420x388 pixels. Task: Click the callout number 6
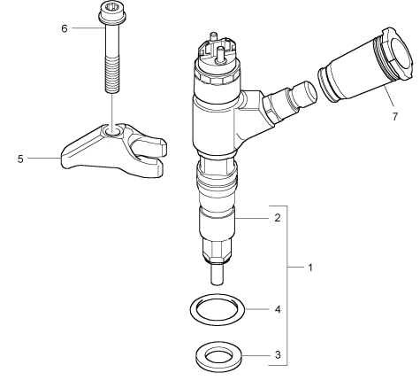click(x=65, y=28)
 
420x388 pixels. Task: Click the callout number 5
click(x=20, y=159)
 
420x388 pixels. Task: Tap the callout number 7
click(x=395, y=116)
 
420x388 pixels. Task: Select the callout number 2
click(x=278, y=218)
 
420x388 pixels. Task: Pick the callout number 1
click(x=310, y=268)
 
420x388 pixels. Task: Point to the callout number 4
click(x=278, y=309)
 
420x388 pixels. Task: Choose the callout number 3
click(x=278, y=354)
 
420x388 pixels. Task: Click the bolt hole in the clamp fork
click(x=112, y=130)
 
